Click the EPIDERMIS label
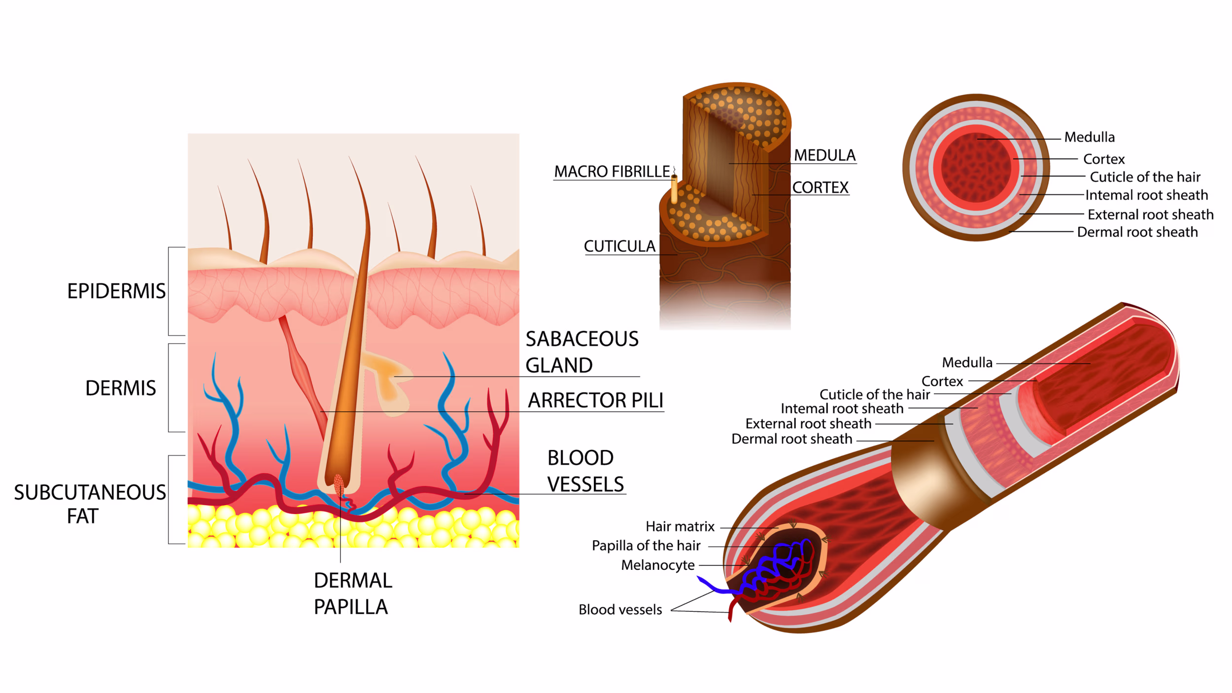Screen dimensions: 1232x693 [x=116, y=291]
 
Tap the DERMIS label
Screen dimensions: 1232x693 [x=121, y=388]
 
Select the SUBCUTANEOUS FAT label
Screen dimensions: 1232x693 [x=90, y=504]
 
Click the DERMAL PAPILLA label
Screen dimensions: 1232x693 [x=353, y=594]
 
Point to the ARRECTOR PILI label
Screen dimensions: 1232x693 [x=596, y=401]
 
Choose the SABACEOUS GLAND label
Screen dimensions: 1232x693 [x=582, y=352]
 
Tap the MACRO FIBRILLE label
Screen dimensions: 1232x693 [x=612, y=172]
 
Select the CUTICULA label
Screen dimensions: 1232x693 [x=619, y=246]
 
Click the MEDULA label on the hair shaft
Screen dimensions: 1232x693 [x=824, y=155]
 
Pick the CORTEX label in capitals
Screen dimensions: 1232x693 [x=820, y=188]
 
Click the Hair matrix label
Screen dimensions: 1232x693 [x=680, y=527]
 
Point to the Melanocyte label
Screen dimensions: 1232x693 [x=658, y=565]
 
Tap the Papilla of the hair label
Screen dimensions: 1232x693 [x=646, y=546]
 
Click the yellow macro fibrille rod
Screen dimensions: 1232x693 [x=674, y=190]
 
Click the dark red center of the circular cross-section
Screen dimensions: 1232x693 [x=976, y=168]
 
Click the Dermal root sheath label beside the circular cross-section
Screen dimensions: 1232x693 [x=1137, y=232]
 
